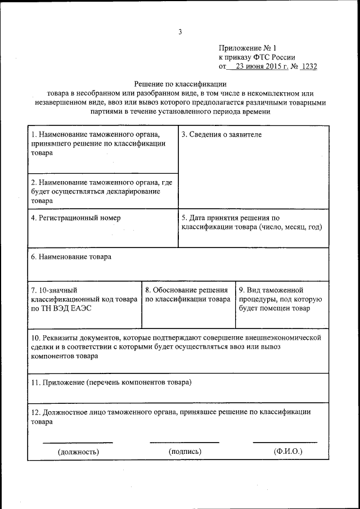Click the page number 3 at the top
point(180,32)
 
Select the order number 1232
point(309,66)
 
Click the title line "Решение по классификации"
point(179,83)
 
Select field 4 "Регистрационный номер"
point(76,218)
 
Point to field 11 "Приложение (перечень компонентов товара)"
point(111,382)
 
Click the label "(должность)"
point(78,451)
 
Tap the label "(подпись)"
point(184,451)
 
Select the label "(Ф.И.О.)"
point(288,451)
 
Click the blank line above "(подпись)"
point(184,442)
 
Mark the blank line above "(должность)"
point(78,442)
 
